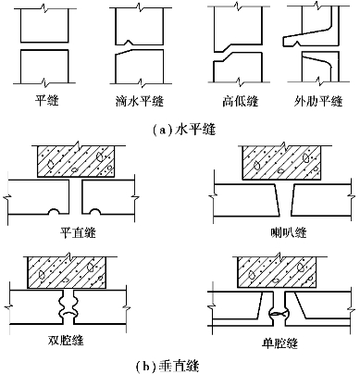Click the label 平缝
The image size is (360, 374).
[46, 101]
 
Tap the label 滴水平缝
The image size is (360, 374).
[140, 101]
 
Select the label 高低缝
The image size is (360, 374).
[241, 101]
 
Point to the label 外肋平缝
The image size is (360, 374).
[318, 101]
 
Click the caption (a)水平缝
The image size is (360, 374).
[184, 130]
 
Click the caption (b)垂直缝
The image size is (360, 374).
[168, 367]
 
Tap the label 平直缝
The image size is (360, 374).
[78, 232]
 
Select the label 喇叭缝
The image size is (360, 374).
[288, 232]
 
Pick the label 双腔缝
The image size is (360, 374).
[66, 340]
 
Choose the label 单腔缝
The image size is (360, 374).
[279, 343]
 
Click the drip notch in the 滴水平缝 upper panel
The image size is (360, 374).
[128, 42]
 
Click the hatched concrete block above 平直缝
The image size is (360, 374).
[76, 161]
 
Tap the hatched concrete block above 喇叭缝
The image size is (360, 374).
[281, 163]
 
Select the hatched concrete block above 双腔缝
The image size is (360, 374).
[68, 272]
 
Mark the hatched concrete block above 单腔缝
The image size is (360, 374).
[277, 273]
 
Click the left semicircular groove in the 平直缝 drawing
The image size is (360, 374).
[54, 211]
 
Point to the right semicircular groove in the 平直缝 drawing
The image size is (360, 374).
[94, 211]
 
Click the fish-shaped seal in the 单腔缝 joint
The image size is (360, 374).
[279, 314]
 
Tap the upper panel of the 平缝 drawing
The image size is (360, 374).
[44, 25]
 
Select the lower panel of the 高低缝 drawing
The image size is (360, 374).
[237, 68]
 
